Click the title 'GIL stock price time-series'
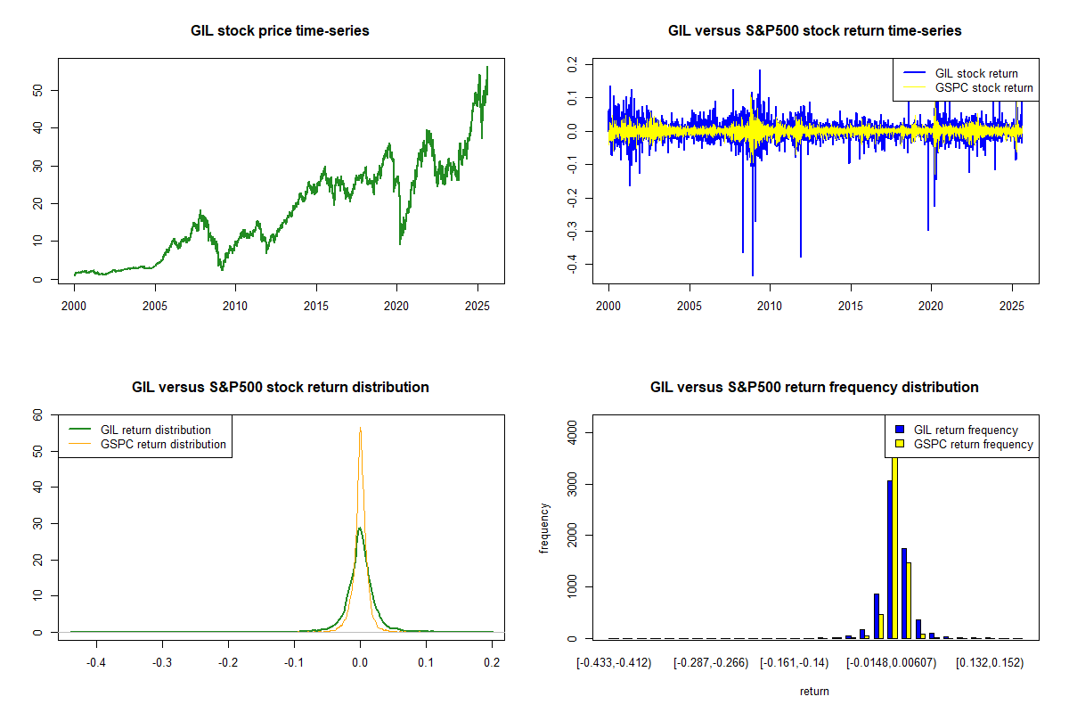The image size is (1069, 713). coord(280,31)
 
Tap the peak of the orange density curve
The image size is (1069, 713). coord(360,429)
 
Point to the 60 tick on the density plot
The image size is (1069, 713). coord(37,414)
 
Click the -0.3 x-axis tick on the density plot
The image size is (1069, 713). coord(162,663)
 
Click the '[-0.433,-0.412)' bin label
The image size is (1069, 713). coord(614,663)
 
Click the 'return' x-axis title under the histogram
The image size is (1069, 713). coord(814,692)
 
